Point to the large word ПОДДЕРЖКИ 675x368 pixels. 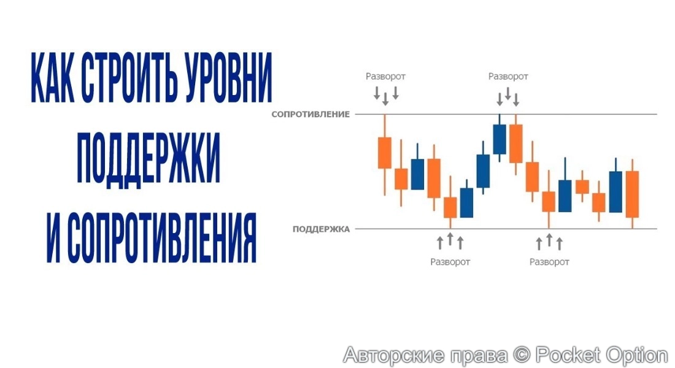(148, 157)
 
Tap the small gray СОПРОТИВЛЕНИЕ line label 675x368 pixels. (310, 114)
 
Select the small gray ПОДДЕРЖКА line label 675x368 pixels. (321, 229)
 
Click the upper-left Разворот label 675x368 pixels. (385, 77)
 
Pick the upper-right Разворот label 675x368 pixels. (508, 77)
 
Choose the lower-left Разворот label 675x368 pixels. (450, 262)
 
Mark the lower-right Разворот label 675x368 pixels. (549, 262)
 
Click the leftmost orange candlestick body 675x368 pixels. (385, 153)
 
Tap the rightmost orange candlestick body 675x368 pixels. (632, 194)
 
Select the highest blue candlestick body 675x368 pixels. (499, 139)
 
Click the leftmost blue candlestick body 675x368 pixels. (417, 174)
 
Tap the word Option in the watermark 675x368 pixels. (635, 355)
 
